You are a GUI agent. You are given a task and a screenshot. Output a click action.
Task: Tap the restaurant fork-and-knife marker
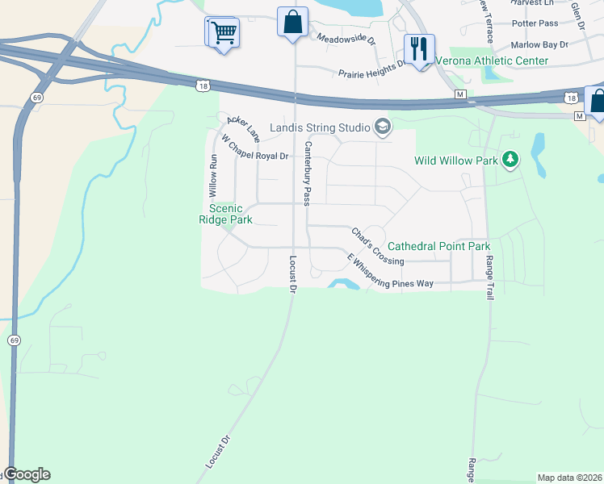coord(418,49)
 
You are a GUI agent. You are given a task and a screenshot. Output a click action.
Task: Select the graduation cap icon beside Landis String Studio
coord(382,127)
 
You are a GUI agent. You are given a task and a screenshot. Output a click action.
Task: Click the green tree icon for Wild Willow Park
coord(510,161)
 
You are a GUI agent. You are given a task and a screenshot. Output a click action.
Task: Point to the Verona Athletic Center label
coord(492,60)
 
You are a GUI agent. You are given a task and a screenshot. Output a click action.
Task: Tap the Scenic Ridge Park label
coord(226,215)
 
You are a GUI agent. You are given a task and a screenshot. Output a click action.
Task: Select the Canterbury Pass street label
coord(307,173)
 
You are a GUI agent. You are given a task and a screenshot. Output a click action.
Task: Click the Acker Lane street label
coord(243,125)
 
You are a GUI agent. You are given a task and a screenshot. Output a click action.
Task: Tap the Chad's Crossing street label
coord(377,247)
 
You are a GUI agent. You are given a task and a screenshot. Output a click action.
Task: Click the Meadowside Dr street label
coord(346,39)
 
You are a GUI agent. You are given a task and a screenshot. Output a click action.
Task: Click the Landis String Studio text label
coord(320,127)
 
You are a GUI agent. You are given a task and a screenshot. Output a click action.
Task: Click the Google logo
coord(26,474)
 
